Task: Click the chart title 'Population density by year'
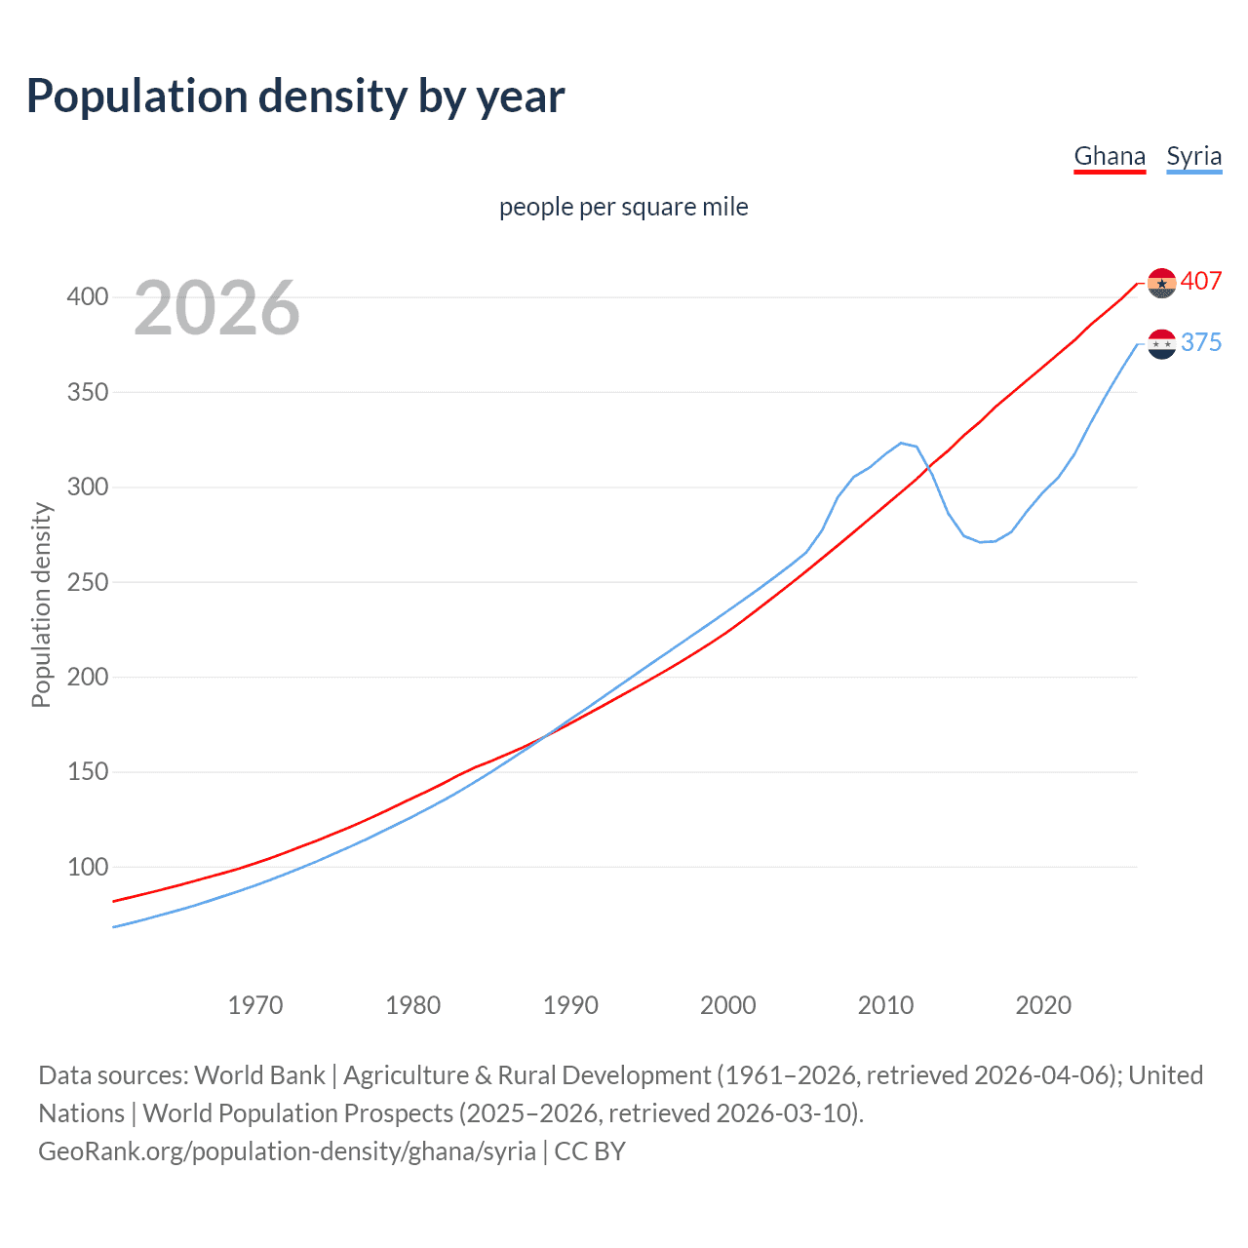(295, 97)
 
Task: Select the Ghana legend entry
(1109, 156)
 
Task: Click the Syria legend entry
(1193, 156)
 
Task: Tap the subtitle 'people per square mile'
(623, 207)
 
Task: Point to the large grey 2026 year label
(216, 308)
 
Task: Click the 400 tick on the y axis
(88, 296)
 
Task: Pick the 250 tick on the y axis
(88, 582)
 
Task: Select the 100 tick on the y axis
(88, 867)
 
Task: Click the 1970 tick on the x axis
(255, 1005)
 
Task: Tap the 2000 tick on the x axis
(728, 1005)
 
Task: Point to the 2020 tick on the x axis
(1043, 1005)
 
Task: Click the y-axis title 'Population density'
(41, 604)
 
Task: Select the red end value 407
(1200, 281)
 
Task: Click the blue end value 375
(1200, 342)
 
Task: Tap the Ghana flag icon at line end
(1161, 283)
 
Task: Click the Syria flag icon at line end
(1161, 344)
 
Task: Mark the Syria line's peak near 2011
(902, 443)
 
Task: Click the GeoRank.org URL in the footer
(287, 1151)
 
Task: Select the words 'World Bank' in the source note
(259, 1075)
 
